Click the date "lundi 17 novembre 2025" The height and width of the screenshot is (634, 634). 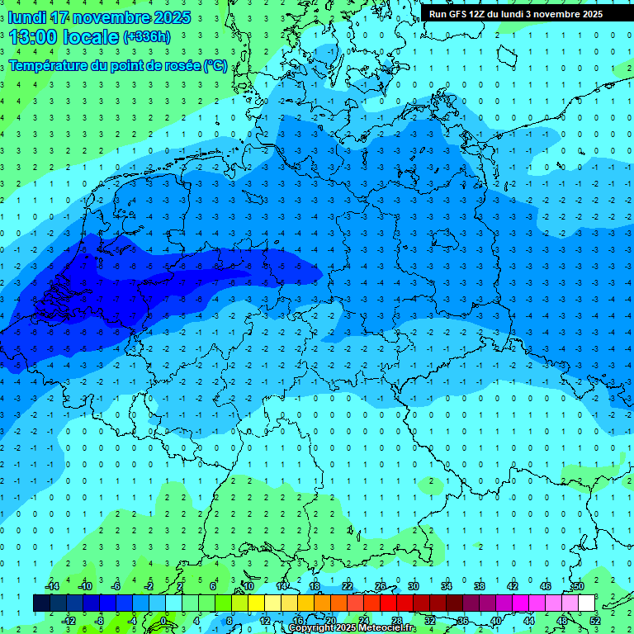click(x=100, y=17)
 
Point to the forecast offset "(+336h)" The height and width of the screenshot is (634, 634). click(x=146, y=37)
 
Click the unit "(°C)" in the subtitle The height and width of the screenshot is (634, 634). click(x=215, y=66)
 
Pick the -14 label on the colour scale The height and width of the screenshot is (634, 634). click(x=54, y=586)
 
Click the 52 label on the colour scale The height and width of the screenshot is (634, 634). click(x=595, y=621)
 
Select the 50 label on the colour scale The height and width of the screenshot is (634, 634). click(x=579, y=586)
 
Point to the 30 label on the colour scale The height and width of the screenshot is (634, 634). click(x=413, y=586)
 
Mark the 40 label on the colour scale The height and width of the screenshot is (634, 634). click(x=496, y=621)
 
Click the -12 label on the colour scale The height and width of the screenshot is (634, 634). click(x=69, y=621)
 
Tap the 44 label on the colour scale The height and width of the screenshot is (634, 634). click(x=529, y=621)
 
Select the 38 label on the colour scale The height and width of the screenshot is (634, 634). click(x=479, y=586)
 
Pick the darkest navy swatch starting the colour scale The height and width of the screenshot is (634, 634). click(x=41, y=603)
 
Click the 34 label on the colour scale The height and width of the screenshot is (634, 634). click(x=446, y=586)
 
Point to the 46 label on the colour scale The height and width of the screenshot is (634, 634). click(x=546, y=586)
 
